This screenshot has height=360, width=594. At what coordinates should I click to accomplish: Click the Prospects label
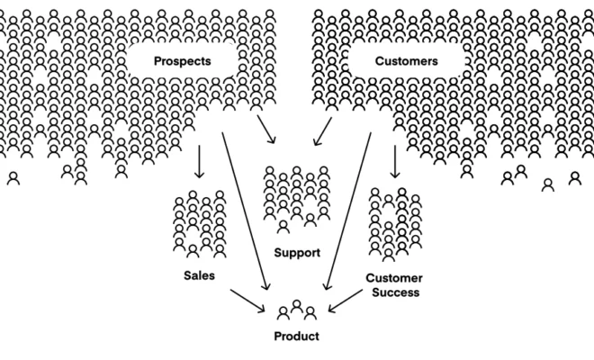(x=183, y=61)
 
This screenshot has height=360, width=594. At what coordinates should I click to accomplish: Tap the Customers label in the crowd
(x=405, y=61)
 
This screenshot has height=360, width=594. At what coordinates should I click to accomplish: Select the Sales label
(x=199, y=276)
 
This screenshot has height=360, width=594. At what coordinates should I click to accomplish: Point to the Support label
(x=296, y=253)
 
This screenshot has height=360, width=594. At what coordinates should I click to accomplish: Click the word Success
(x=394, y=292)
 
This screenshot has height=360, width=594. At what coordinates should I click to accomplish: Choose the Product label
(x=296, y=337)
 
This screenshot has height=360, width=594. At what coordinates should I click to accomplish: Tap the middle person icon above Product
(x=297, y=308)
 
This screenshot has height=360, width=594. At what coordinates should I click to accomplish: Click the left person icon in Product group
(x=283, y=313)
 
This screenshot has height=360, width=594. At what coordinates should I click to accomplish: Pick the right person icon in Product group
(x=310, y=313)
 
